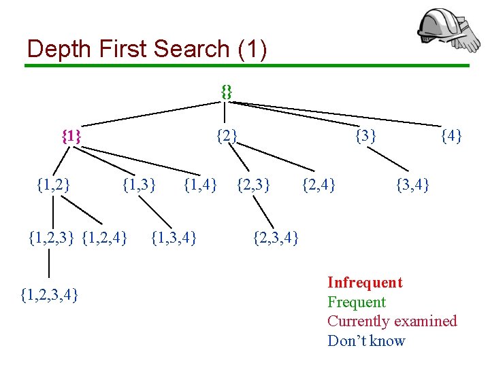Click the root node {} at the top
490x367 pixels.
227,92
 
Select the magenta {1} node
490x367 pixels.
71,136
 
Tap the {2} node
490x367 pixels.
227,136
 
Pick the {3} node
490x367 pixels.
366,136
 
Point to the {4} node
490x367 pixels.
451,136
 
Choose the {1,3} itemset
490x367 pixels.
139,183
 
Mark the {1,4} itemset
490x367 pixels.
201,183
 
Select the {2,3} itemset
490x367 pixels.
253,183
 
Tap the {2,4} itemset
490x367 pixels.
318,183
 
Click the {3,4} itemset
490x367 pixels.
412,183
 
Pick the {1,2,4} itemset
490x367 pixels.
104,238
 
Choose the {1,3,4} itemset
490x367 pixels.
174,238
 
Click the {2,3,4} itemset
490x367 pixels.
276,238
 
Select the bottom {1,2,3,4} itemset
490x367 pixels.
49,294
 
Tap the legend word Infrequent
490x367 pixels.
365,283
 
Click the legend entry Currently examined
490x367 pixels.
392,321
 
